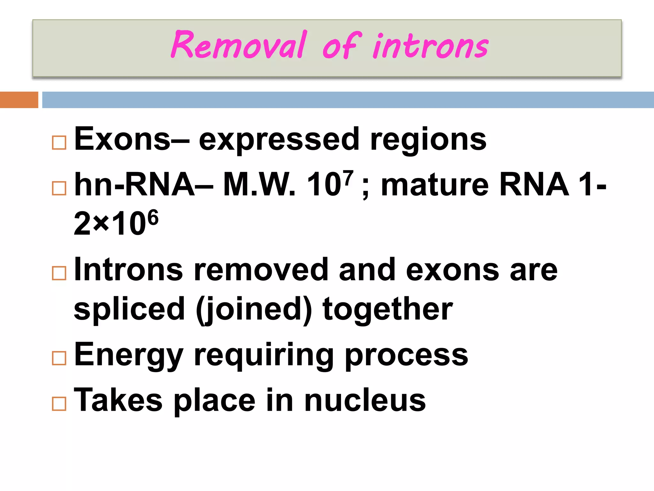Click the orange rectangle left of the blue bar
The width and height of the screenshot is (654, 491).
tap(19, 100)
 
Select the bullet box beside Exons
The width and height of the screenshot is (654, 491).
tap(59, 143)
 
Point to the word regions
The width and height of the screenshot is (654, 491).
tap(428, 141)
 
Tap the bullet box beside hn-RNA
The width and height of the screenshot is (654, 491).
tap(59, 188)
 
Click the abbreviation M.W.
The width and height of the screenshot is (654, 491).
tap(259, 185)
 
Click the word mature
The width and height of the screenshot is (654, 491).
tap(435, 185)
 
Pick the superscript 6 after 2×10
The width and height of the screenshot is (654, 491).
tap(153, 217)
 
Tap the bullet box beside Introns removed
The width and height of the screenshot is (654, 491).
tap(59, 273)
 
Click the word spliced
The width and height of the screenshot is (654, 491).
tap(129, 309)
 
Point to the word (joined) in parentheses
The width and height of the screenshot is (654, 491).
tap(254, 309)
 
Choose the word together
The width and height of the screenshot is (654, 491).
tap(388, 309)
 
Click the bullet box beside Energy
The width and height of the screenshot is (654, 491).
tap(59, 358)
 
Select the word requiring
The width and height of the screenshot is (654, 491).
tap(263, 355)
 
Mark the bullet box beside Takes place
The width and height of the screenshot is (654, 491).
tap(59, 404)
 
